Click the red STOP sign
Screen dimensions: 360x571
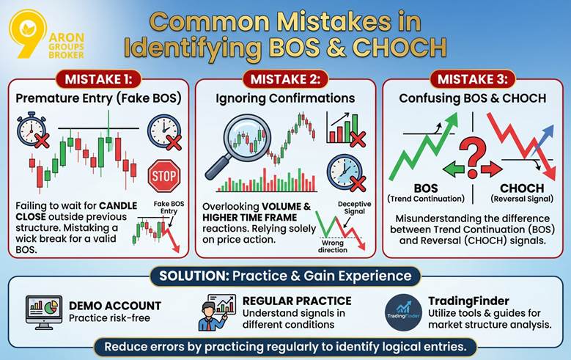[163, 176]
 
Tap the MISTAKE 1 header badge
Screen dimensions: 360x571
[95, 78]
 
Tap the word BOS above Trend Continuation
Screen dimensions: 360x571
[425, 188]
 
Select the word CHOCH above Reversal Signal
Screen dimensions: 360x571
[521, 188]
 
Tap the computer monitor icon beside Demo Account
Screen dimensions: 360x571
[44, 312]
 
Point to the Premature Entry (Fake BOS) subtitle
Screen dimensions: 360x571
[95, 98]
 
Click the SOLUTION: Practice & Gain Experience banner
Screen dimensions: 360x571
[285, 277]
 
